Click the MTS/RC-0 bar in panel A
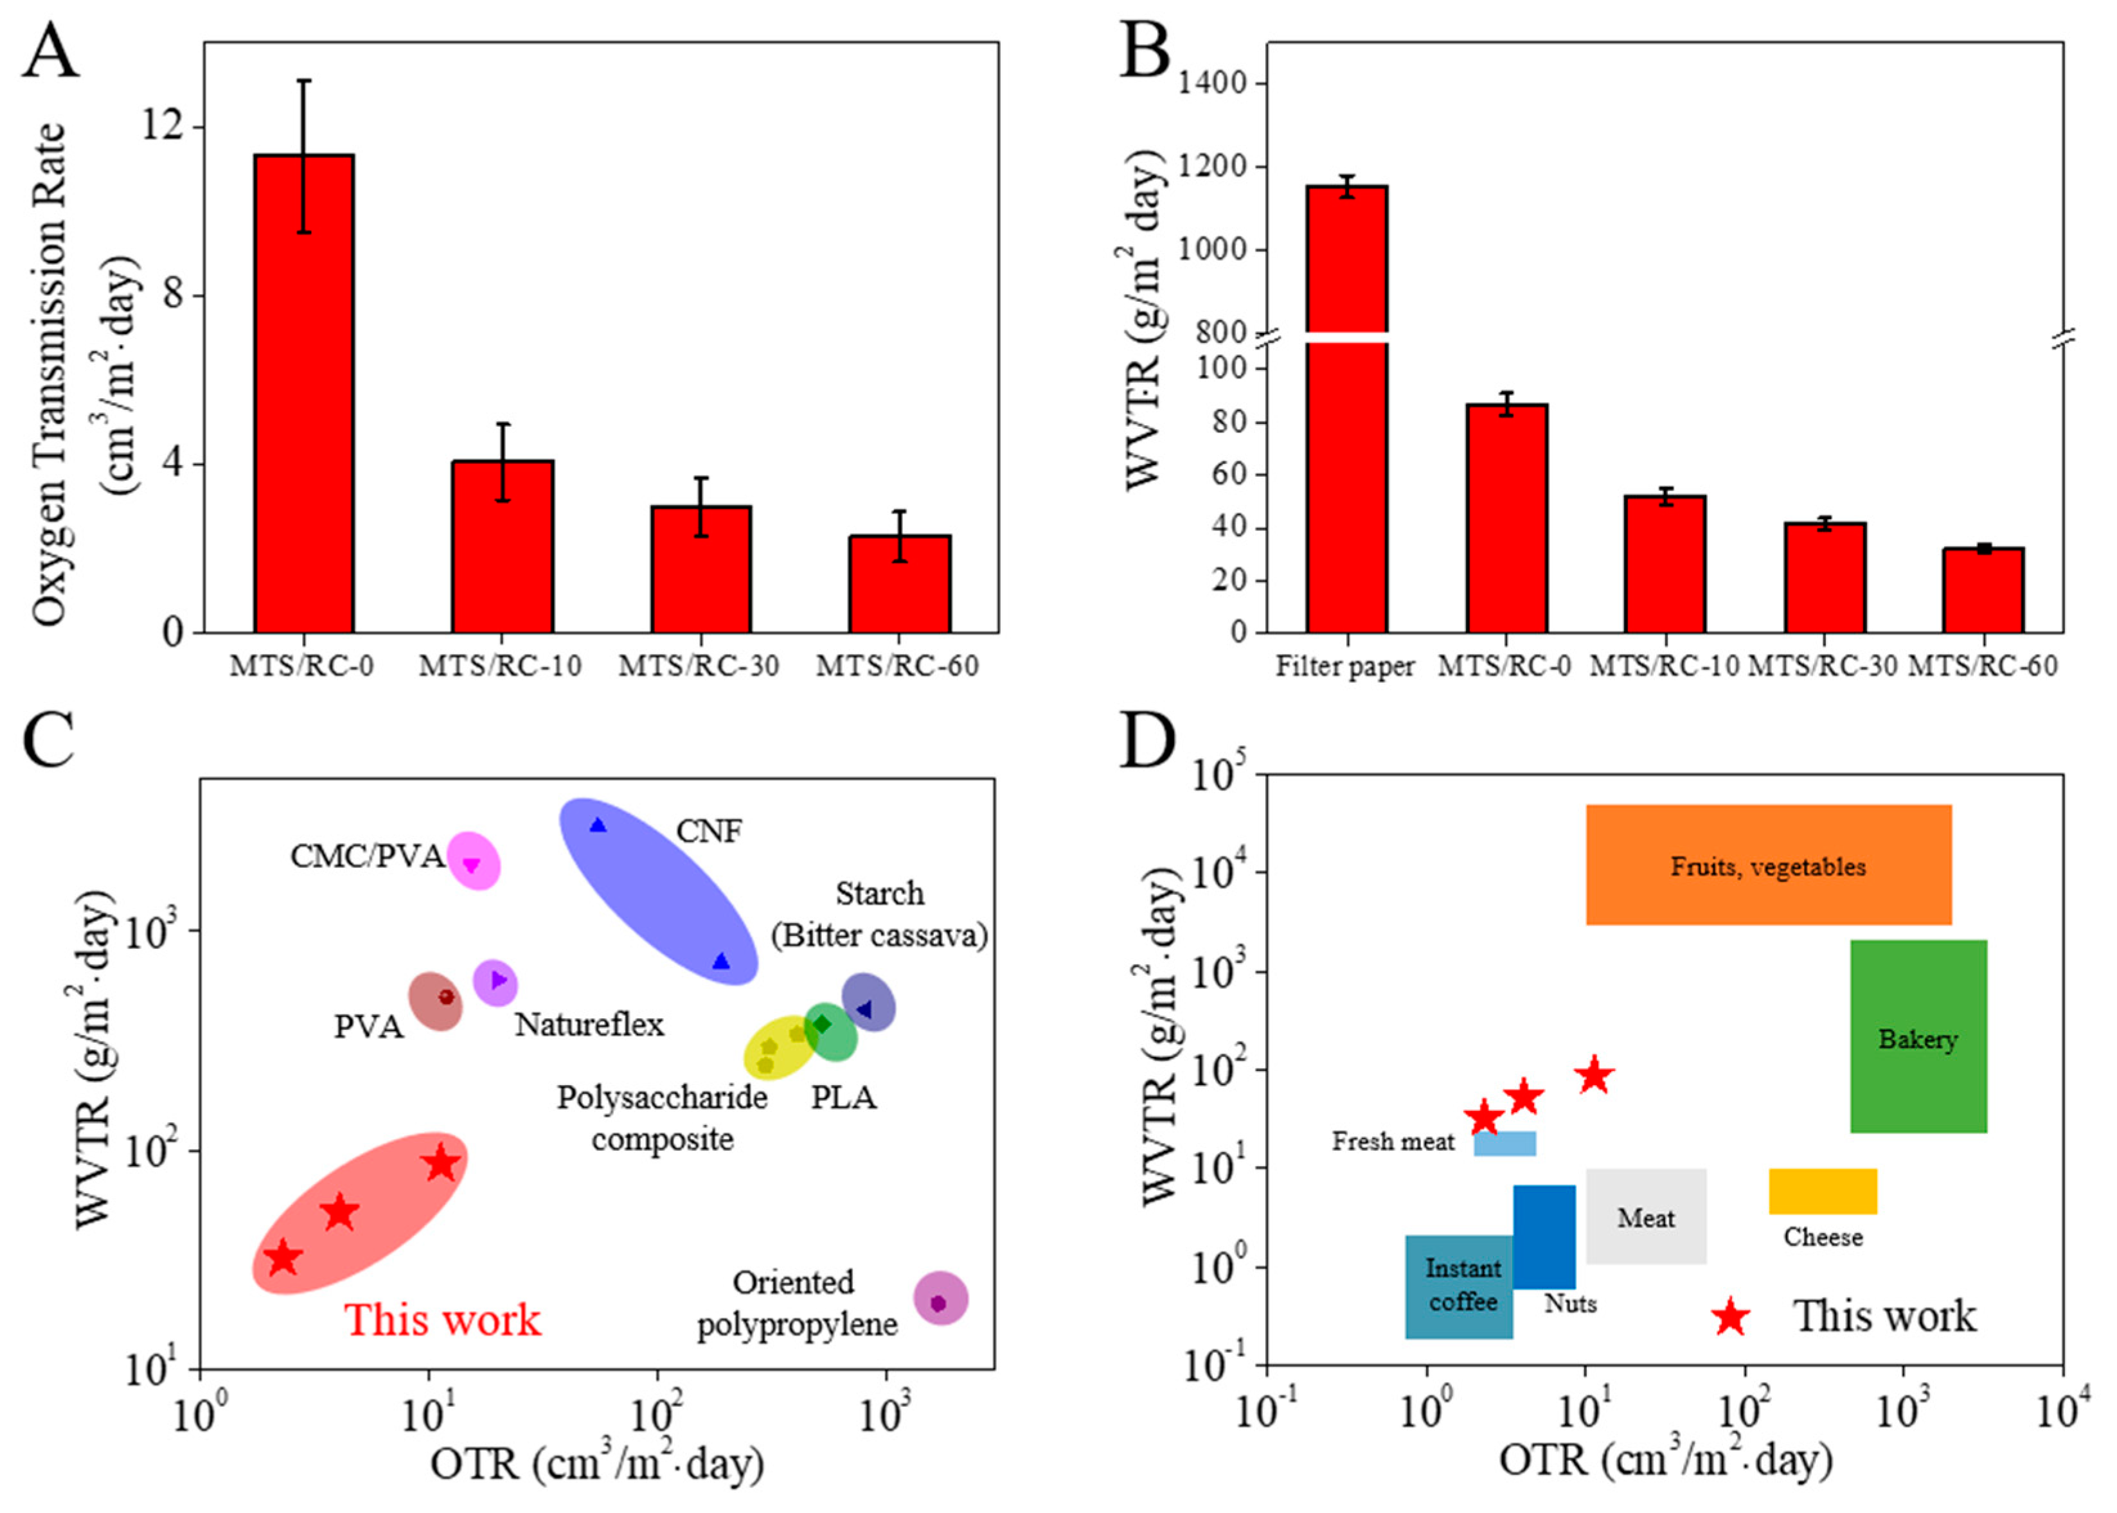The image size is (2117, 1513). [304, 394]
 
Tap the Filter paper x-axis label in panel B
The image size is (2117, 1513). [1344, 667]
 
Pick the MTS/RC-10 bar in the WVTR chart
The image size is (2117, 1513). [1664, 565]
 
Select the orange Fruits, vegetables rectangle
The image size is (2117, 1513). [1769, 865]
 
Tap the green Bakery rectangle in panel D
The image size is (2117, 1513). [1918, 1036]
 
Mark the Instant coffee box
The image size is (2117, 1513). [1458, 1287]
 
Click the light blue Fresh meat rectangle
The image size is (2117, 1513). [1505, 1143]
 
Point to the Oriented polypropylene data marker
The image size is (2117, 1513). [938, 1302]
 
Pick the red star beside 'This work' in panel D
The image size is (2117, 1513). [1730, 1317]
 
